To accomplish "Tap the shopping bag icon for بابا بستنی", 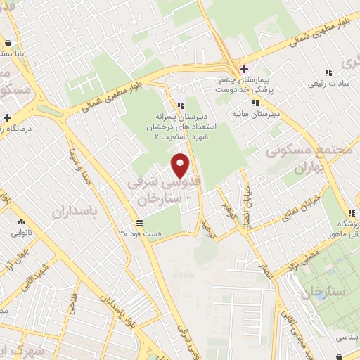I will [x=6, y=42].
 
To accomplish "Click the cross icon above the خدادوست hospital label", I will [x=244, y=69].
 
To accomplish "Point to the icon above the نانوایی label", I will [x=20, y=220].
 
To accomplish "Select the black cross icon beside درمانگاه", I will [x=7, y=117].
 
